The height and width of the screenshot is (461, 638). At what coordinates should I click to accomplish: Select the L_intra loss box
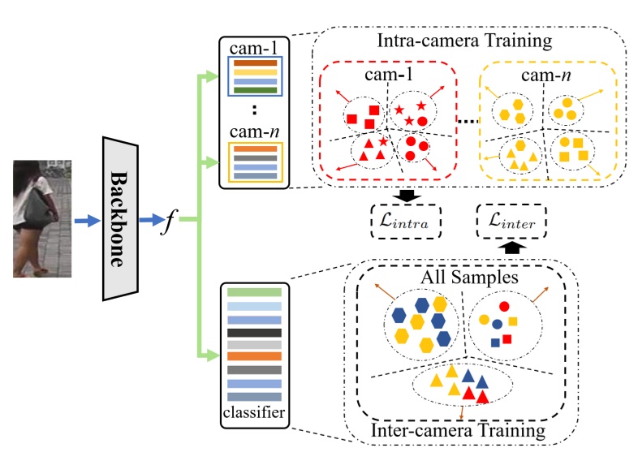pyautogui.click(x=399, y=220)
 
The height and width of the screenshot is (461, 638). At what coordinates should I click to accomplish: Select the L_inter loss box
pyautogui.click(x=511, y=220)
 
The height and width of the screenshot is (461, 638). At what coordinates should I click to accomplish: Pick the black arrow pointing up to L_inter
pyautogui.click(x=510, y=245)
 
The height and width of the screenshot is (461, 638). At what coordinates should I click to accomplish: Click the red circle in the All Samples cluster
pyautogui.click(x=503, y=307)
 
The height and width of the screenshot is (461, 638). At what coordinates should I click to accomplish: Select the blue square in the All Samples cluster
pyautogui.click(x=494, y=342)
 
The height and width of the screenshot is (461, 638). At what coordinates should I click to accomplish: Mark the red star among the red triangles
pyautogui.click(x=382, y=142)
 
